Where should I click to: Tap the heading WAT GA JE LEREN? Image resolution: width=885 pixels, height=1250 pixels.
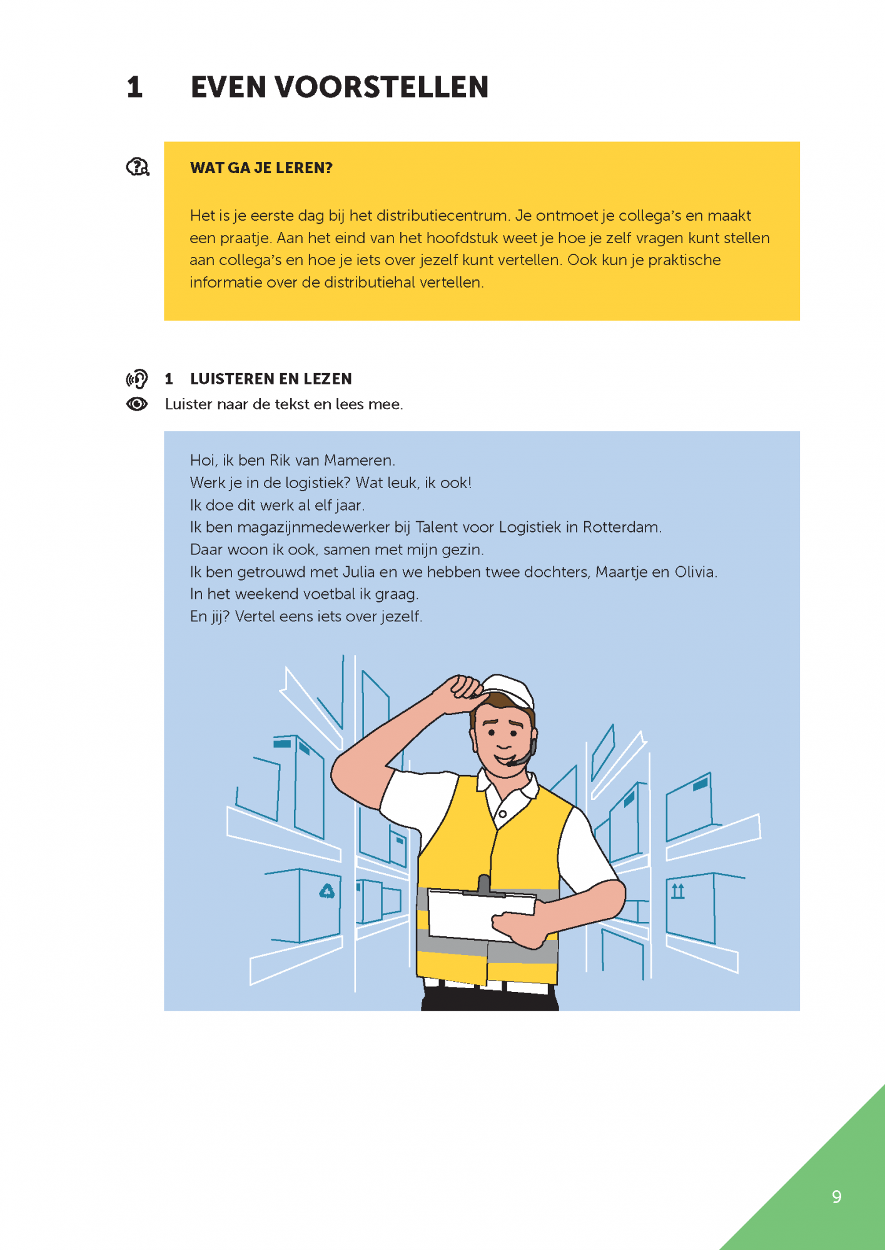coord(261,168)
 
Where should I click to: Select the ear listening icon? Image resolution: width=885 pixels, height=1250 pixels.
coord(138,379)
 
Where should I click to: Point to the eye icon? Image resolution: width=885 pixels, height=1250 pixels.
coord(137,404)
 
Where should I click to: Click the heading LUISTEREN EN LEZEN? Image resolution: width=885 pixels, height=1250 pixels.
coord(271,379)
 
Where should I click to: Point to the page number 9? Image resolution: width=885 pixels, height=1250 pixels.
coord(836,1197)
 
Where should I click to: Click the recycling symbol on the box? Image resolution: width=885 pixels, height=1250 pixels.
coord(327,891)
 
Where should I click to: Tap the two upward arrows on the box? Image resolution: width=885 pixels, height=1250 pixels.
coord(678,891)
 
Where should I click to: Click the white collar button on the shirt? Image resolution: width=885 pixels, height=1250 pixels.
coord(502,814)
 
